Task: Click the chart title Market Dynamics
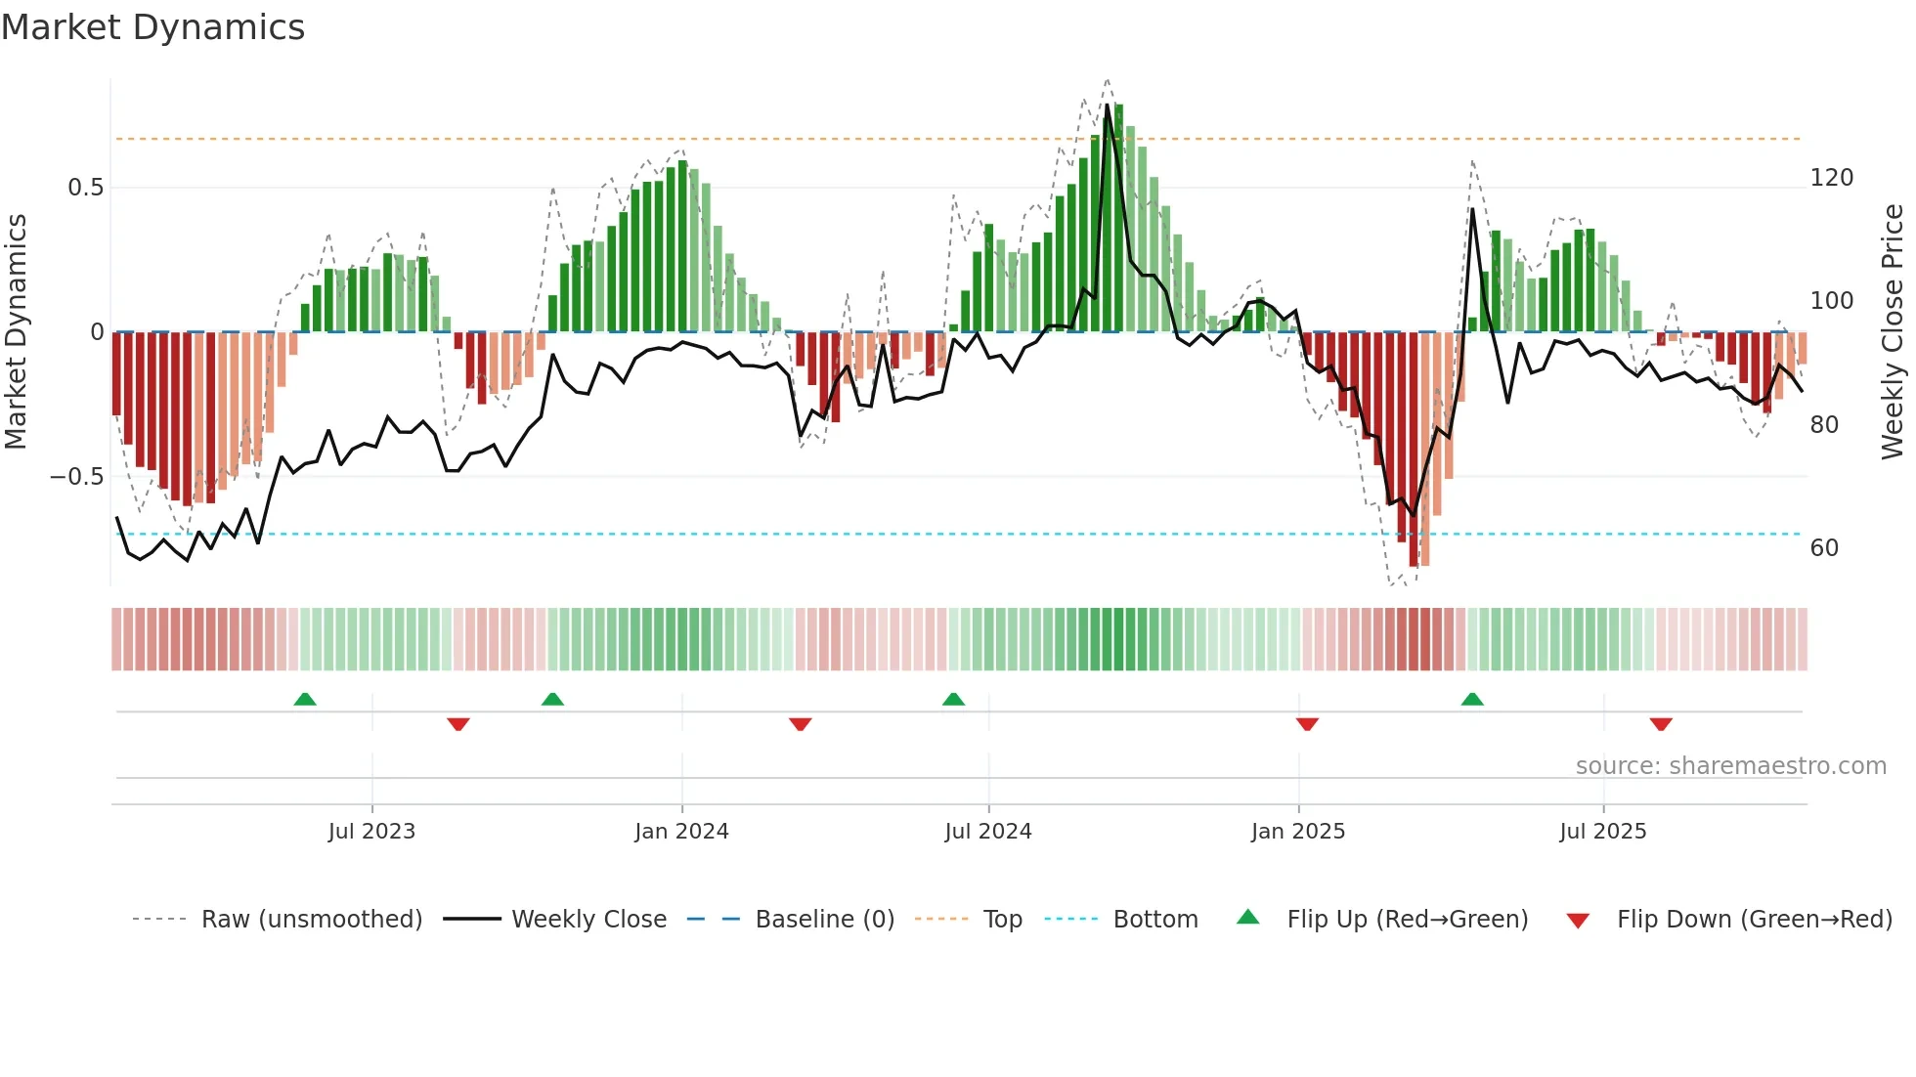pyautogui.click(x=152, y=27)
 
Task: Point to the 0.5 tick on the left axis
pyautogui.click(x=85, y=187)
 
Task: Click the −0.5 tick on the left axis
pyautogui.click(x=77, y=477)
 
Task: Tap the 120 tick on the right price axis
pyautogui.click(x=1831, y=178)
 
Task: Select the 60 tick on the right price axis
pyautogui.click(x=1824, y=548)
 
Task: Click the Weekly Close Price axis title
pyautogui.click(x=1893, y=331)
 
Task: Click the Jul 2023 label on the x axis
pyautogui.click(x=371, y=832)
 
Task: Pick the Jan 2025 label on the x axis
pyautogui.click(x=1297, y=832)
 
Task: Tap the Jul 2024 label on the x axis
pyautogui.click(x=987, y=832)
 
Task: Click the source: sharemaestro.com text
pyautogui.click(x=1730, y=766)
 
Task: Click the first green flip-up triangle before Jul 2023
pyautogui.click(x=305, y=700)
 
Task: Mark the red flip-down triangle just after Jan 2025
pyautogui.click(x=1307, y=724)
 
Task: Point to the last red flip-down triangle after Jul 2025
pyautogui.click(x=1661, y=724)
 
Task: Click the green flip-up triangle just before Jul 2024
pyautogui.click(x=953, y=700)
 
